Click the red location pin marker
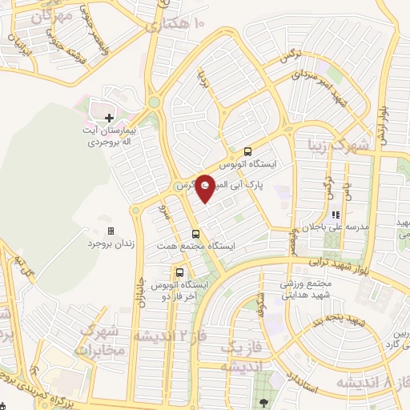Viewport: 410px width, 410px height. pos(205,188)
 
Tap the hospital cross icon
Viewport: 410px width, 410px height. pos(110,118)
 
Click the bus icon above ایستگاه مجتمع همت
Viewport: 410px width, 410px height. pos(195,234)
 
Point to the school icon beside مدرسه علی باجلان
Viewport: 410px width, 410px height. pos(335,215)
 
